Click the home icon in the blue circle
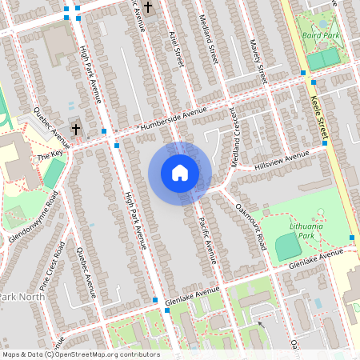(x=180, y=173)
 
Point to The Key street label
(x=49, y=155)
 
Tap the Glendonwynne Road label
(x=34, y=210)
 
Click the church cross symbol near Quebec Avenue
(x=76, y=128)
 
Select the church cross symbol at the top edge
(x=146, y=8)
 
